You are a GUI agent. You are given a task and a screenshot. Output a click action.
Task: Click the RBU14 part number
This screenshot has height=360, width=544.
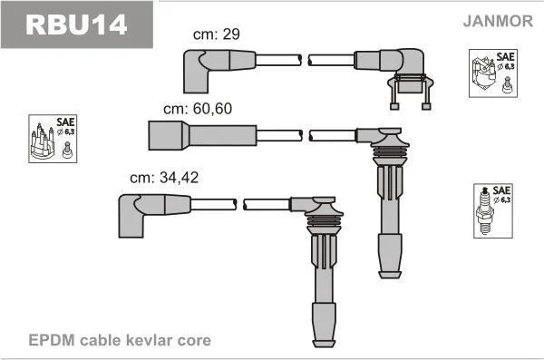(76, 24)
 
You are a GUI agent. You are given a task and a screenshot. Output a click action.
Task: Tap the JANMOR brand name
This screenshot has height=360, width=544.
(498, 21)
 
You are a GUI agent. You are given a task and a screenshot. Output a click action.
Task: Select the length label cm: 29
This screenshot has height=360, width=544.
(217, 34)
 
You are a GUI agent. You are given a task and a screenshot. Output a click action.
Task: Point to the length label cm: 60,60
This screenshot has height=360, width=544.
(198, 109)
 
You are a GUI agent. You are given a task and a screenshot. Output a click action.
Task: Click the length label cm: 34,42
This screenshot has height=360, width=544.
(164, 178)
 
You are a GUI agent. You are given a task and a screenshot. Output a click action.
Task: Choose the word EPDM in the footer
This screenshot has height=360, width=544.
(52, 340)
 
